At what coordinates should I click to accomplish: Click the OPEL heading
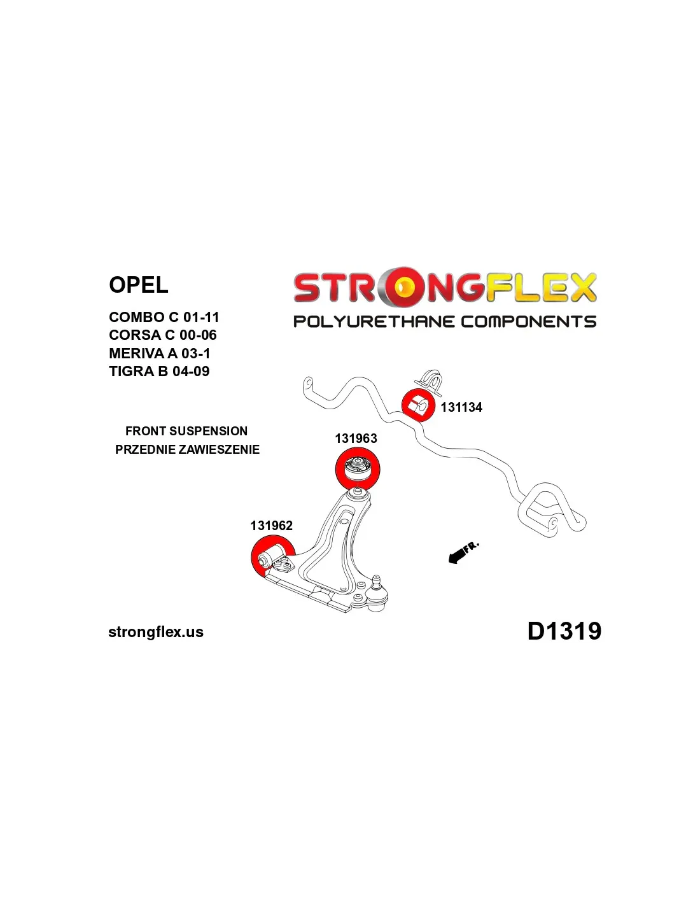[138, 285]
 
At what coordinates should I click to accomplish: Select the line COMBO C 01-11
[164, 318]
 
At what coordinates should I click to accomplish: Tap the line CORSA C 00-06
[163, 335]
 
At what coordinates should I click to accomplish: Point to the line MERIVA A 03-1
[160, 354]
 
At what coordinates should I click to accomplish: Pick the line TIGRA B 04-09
[159, 372]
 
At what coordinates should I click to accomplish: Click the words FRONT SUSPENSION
[186, 431]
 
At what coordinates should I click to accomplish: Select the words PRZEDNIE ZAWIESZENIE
[187, 450]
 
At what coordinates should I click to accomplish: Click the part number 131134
[461, 407]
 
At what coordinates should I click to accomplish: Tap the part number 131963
[356, 438]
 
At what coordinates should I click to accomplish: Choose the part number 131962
[272, 526]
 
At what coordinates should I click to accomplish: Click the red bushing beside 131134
[418, 405]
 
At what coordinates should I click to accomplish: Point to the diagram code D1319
[564, 631]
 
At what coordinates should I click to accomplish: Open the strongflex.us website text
[156, 632]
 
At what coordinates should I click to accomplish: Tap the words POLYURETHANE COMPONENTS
[445, 321]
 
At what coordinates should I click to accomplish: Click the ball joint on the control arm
[376, 596]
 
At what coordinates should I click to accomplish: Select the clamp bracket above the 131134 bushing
[430, 380]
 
